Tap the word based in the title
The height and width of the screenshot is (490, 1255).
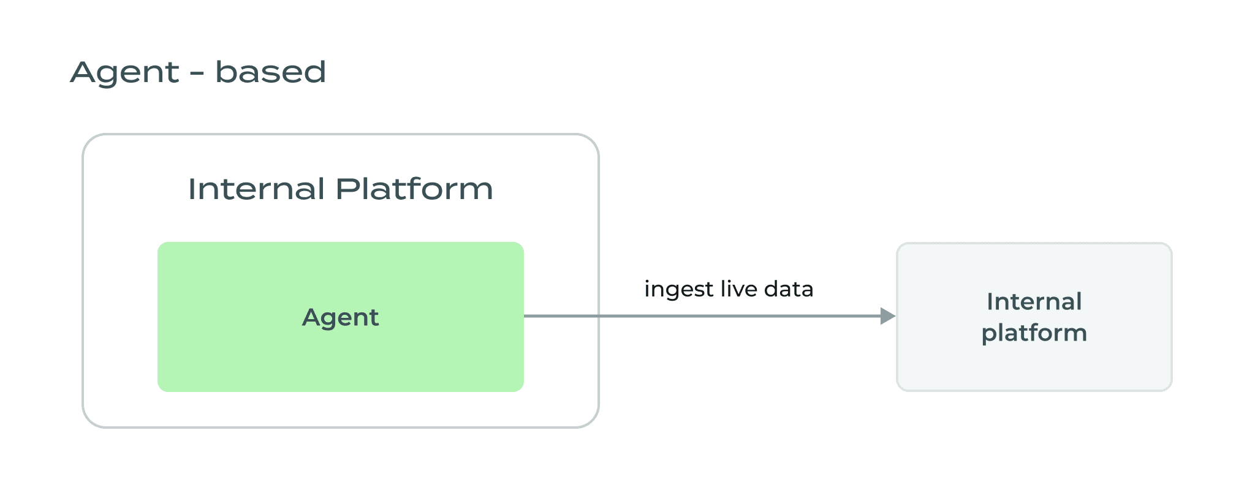tap(270, 72)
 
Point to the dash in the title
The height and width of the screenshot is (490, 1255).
tap(197, 75)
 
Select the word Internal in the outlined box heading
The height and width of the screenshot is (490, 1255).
tap(256, 189)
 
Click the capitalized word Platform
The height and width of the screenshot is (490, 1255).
tap(414, 189)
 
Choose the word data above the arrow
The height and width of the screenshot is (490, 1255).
tap(789, 288)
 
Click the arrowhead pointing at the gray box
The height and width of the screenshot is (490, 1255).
tap(887, 316)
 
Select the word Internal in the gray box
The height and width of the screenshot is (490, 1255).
tap(1034, 301)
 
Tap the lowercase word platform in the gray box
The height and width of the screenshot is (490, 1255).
tap(1034, 333)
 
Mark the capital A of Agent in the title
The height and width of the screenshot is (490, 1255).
tap(84, 72)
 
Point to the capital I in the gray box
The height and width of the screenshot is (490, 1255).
tap(990, 301)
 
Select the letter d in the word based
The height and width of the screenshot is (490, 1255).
tap(316, 72)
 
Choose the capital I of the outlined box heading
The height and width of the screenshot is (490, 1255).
tap(191, 189)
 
